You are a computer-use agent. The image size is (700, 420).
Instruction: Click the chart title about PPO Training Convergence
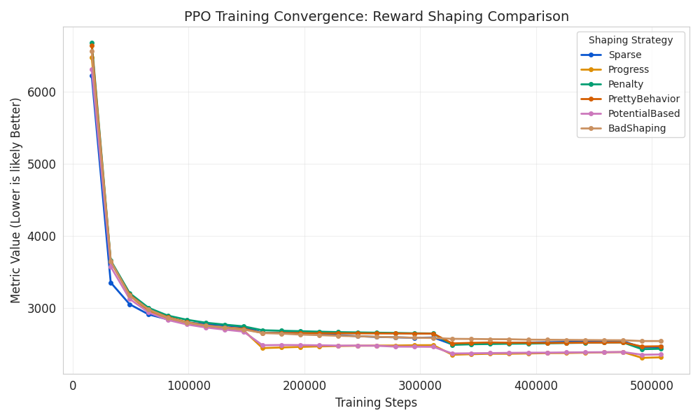pos(376,17)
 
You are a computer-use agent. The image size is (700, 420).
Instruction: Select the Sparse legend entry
pos(624,55)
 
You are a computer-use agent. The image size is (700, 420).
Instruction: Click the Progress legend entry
pos(629,70)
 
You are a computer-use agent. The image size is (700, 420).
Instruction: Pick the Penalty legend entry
pos(626,85)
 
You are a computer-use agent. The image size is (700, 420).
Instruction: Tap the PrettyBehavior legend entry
pos(643,99)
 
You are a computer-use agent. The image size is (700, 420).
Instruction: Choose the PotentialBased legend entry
pos(644,114)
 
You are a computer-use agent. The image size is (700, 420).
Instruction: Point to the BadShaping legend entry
pos(637,129)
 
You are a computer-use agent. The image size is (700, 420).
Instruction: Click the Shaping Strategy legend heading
pos(630,41)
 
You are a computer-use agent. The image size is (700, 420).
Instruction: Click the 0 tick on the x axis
pos(73,386)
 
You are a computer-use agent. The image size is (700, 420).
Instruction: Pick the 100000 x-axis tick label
pos(188,386)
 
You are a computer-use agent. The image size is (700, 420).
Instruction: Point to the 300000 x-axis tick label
pos(420,386)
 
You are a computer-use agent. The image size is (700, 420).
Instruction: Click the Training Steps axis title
pos(376,403)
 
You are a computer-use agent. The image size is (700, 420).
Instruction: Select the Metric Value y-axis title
pos(16,200)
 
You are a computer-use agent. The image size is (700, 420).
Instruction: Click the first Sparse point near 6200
pos(92,76)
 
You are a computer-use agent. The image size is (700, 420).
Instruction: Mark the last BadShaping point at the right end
pos(661,342)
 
